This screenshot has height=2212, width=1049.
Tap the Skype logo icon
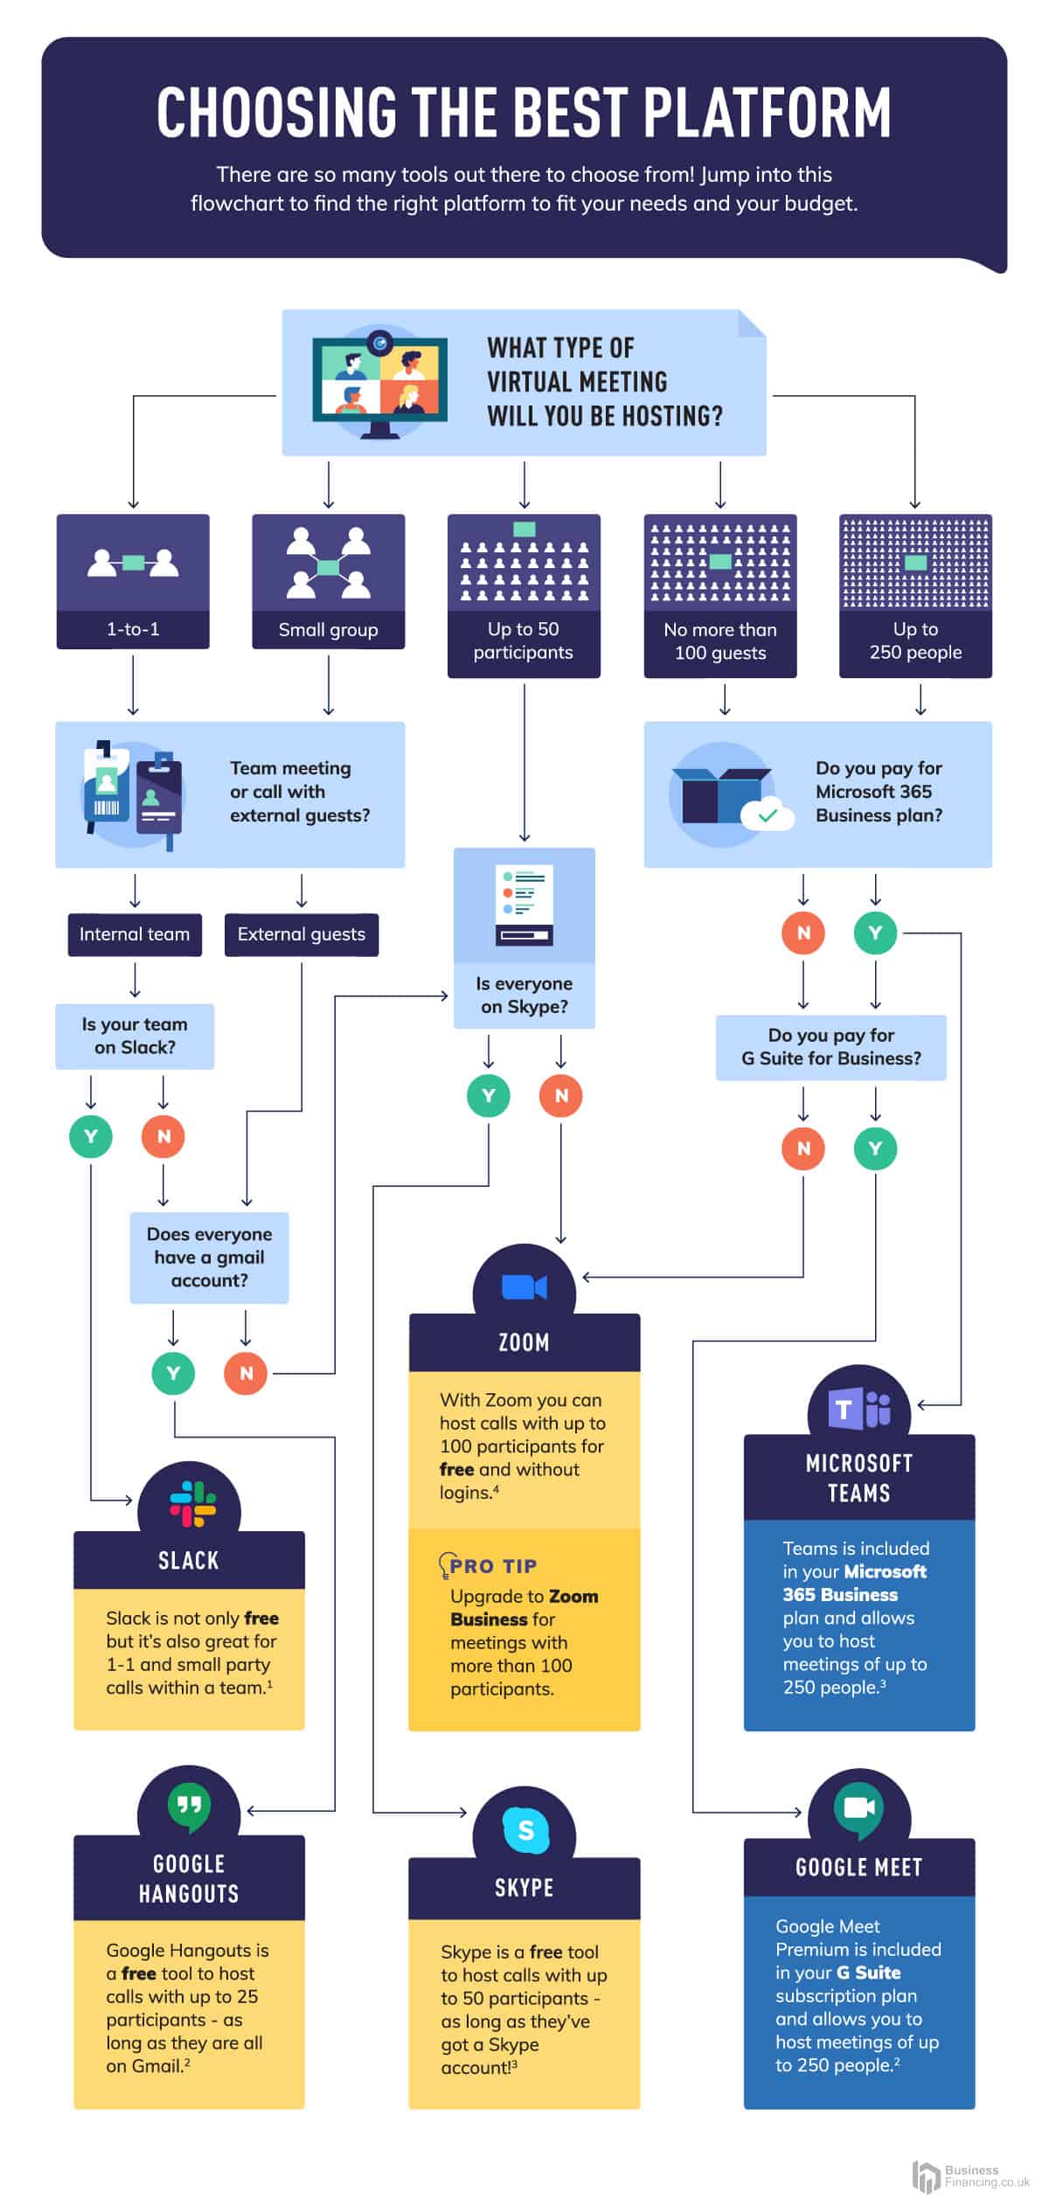pyautogui.click(x=525, y=1829)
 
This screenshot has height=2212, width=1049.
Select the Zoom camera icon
pyautogui.click(x=524, y=1287)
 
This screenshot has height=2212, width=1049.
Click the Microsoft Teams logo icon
pyautogui.click(x=860, y=1408)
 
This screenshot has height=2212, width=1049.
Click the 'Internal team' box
pyautogui.click(x=135, y=934)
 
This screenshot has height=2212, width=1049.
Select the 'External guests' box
pyautogui.click(x=302, y=934)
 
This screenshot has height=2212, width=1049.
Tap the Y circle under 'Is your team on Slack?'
pyautogui.click(x=91, y=1136)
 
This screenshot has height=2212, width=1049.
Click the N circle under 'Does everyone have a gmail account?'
pyautogui.click(x=246, y=1373)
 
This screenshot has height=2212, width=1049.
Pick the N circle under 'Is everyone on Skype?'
pyautogui.click(x=561, y=1095)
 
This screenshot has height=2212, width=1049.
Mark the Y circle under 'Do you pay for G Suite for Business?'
pyautogui.click(x=875, y=1148)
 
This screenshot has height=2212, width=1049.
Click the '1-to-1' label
pyautogui.click(x=133, y=629)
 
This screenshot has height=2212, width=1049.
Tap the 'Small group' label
pyautogui.click(x=328, y=630)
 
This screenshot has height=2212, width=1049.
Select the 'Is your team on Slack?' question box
pyautogui.click(x=135, y=1036)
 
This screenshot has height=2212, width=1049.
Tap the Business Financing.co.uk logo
pyautogui.click(x=970, y=2176)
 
